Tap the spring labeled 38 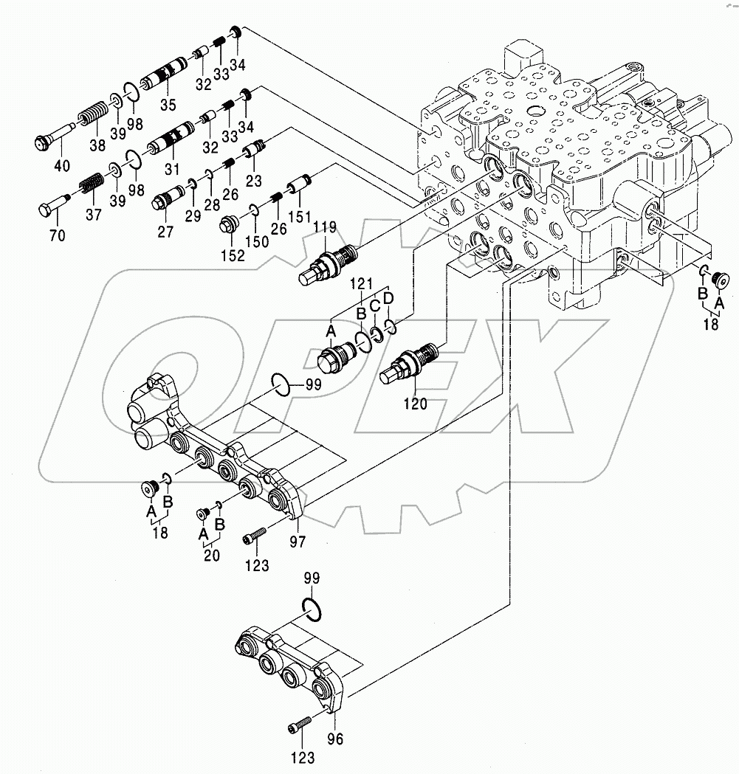click(92, 117)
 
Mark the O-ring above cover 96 click(312, 607)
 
